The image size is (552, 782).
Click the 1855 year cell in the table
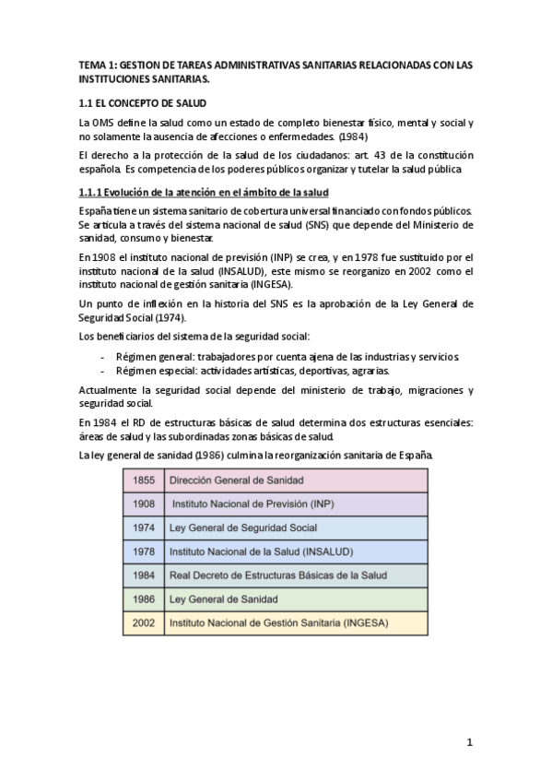[x=142, y=480]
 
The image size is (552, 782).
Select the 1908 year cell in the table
[x=142, y=504]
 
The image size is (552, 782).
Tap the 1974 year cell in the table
[x=142, y=528]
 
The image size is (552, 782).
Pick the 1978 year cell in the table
[x=142, y=551]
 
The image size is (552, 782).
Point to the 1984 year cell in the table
[x=142, y=575]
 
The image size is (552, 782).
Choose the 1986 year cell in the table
[x=142, y=599]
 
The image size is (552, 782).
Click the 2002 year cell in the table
[x=142, y=623]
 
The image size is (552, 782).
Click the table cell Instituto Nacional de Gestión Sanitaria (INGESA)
[x=278, y=623]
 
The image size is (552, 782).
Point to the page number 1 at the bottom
[x=469, y=742]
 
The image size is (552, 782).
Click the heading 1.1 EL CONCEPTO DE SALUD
[x=143, y=102]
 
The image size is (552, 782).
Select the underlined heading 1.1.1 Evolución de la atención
[x=202, y=192]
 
